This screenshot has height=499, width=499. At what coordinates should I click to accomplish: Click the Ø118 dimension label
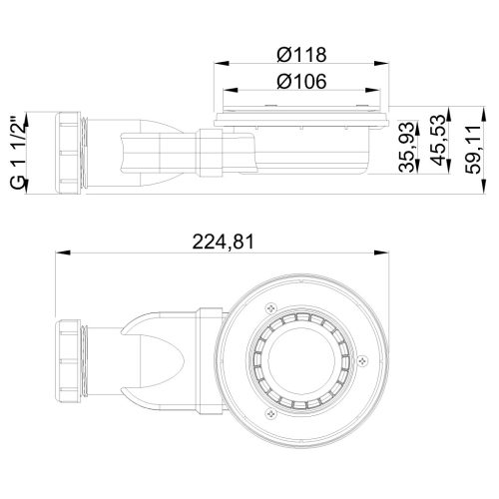(300, 54)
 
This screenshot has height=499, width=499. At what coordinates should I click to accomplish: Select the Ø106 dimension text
(300, 85)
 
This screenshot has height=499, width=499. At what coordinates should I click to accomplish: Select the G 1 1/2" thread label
(14, 151)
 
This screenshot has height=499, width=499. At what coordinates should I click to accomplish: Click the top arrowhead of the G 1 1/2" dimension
(29, 112)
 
